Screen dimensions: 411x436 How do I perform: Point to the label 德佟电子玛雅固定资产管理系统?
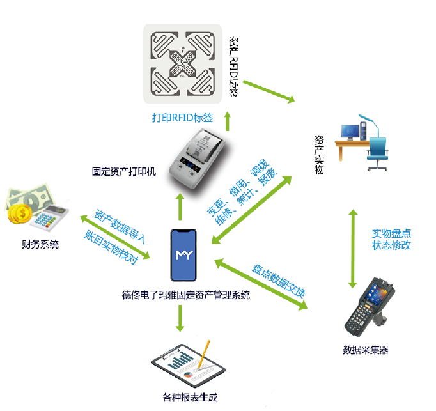coord(186,295)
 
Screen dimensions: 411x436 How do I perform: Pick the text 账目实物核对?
coord(110,246)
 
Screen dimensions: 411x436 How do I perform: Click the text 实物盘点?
coord(391,233)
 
